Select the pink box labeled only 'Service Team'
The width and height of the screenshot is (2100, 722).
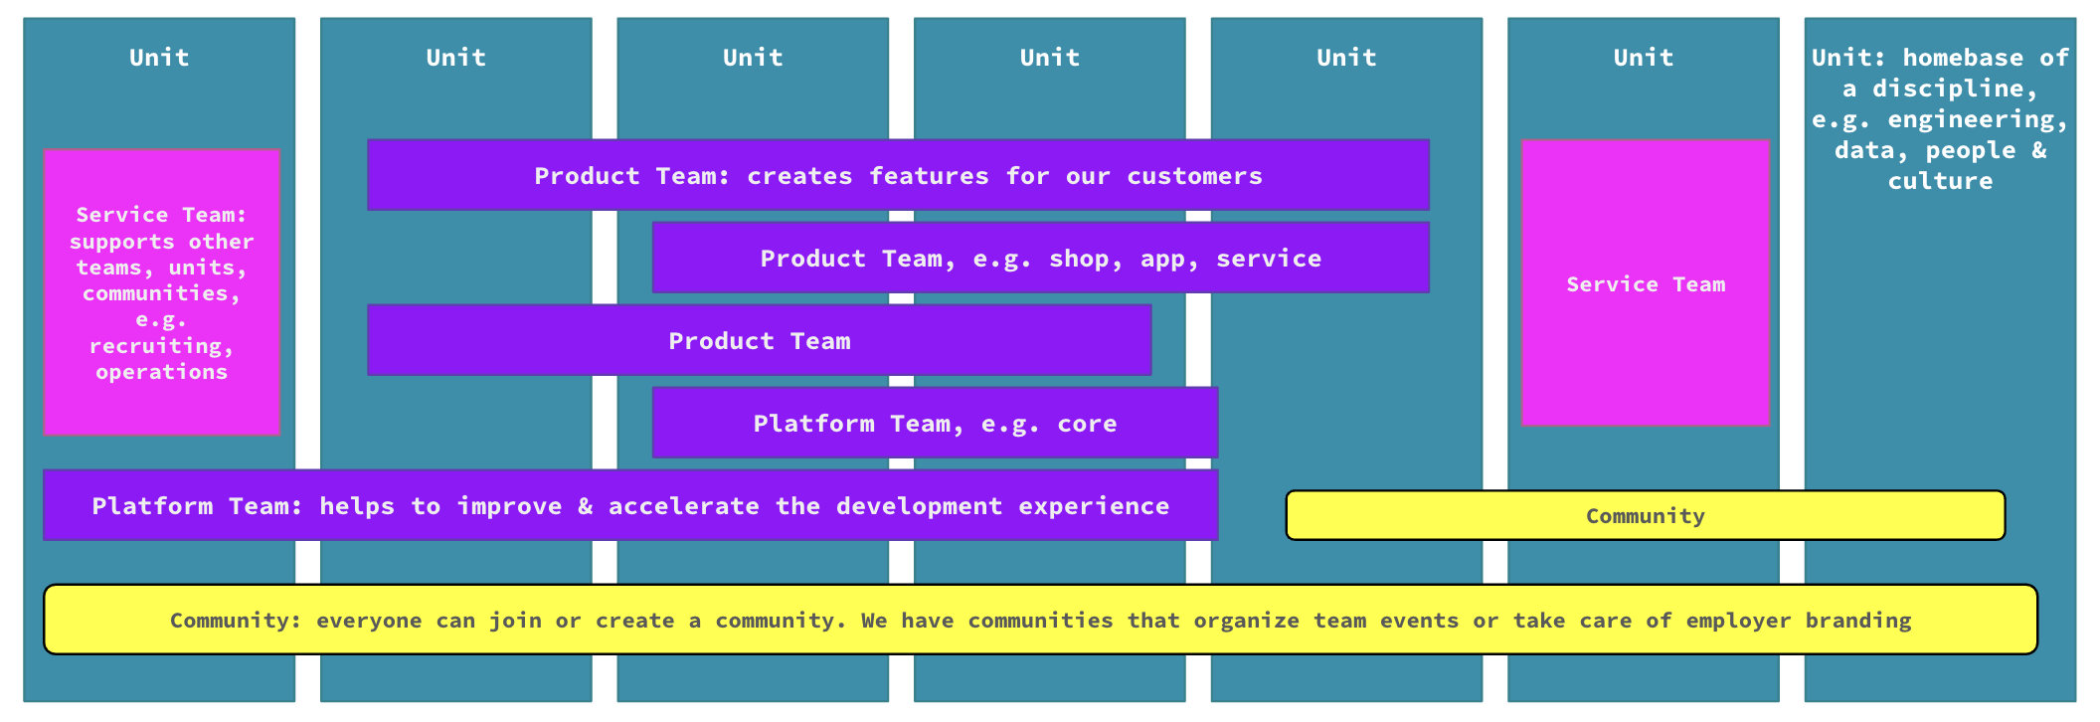[x=1645, y=284]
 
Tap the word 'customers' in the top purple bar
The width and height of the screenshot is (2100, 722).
[x=1194, y=176]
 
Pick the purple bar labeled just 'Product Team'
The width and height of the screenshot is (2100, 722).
[x=759, y=341]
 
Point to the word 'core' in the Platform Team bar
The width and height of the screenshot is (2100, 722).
[x=1087, y=424]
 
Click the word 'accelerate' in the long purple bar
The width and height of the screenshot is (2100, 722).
[x=683, y=506]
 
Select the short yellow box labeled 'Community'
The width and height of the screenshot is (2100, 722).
[x=1645, y=516]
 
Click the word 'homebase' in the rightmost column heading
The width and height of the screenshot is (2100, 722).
[x=1963, y=58]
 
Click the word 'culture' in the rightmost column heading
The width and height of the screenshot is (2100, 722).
[x=1940, y=181]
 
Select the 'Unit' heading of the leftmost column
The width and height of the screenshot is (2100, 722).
[x=159, y=58]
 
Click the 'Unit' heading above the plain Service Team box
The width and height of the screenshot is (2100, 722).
[x=1643, y=58]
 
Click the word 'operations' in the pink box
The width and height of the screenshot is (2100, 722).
[x=161, y=372]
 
